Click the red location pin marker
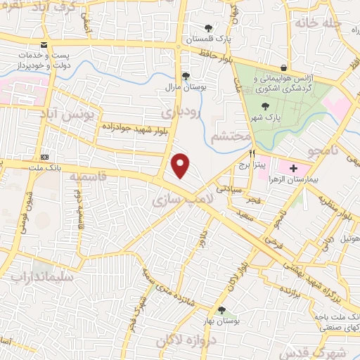point(181,165)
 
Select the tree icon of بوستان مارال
point(186,75)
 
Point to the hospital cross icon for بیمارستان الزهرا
point(292,168)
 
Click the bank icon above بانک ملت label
point(46,156)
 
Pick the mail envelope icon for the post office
point(44,45)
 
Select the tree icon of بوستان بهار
point(222,310)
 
